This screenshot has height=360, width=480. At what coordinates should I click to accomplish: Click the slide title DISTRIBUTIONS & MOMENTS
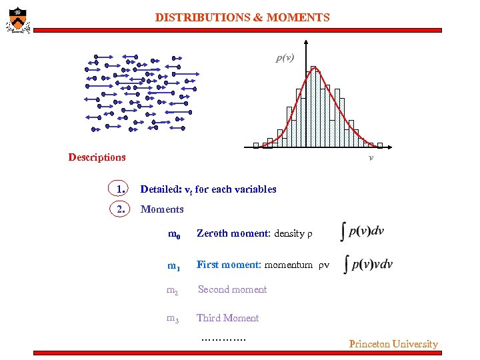coord(242,18)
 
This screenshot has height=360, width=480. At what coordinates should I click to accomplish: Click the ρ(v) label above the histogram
coord(285,58)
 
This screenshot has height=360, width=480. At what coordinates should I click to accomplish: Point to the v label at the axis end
coord(371,158)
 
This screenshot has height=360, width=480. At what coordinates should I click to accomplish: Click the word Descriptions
coord(97,158)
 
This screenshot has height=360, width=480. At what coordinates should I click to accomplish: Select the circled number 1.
coord(121,189)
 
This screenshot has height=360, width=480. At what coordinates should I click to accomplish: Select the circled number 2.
coord(121,209)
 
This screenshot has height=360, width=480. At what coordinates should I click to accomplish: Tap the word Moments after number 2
coord(162,209)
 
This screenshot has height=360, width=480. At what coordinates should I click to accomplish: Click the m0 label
coord(174,234)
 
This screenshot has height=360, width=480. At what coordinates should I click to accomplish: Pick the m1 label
coord(174,266)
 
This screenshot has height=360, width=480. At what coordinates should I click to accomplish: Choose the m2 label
coord(173,290)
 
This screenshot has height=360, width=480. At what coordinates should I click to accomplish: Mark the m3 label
coord(173,319)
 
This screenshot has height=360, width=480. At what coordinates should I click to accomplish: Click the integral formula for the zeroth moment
coord(362,231)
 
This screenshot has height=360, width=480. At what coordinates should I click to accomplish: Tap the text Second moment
coord(232,289)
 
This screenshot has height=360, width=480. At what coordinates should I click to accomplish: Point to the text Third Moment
coord(227,318)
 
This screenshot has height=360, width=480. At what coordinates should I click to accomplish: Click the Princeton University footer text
coord(393,344)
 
